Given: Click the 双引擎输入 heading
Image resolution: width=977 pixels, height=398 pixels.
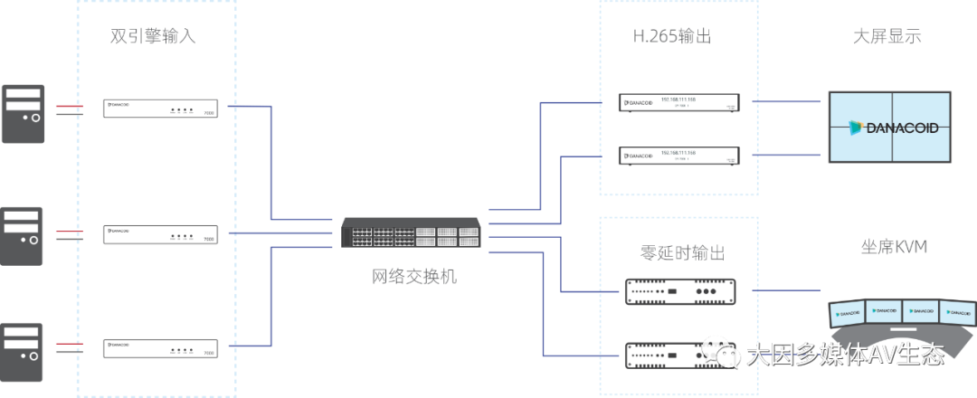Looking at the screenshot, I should click(153, 37).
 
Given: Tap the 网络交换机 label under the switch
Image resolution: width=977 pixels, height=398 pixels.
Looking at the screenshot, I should click(414, 276).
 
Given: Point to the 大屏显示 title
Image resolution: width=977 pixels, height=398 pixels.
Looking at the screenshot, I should click(887, 37).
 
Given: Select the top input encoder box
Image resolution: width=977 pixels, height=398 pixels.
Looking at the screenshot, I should click(160, 109).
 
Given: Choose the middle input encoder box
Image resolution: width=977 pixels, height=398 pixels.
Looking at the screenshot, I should click(160, 234).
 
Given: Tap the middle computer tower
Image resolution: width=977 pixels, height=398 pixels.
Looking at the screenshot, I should click(22, 234).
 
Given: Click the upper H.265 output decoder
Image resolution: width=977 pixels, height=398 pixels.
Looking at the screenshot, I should click(678, 102).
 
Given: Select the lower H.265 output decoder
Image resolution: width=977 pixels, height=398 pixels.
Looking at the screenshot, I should click(678, 156).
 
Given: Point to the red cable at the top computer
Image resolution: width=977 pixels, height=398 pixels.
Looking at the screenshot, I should click(69, 107).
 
